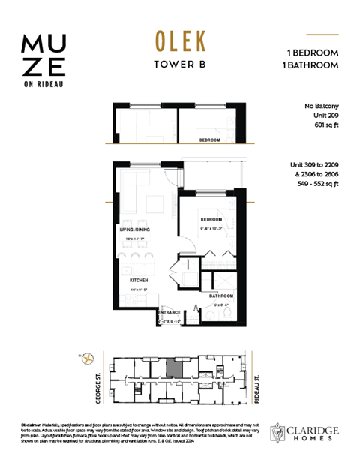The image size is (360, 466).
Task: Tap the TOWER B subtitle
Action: [179, 65]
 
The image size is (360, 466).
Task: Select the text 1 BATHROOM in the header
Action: [313, 65]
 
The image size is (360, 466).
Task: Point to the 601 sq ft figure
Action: [326, 125]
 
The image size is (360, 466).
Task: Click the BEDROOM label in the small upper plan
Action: [209, 140]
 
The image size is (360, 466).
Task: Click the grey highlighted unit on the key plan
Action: [173, 368]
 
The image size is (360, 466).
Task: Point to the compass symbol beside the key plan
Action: [89, 358]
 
